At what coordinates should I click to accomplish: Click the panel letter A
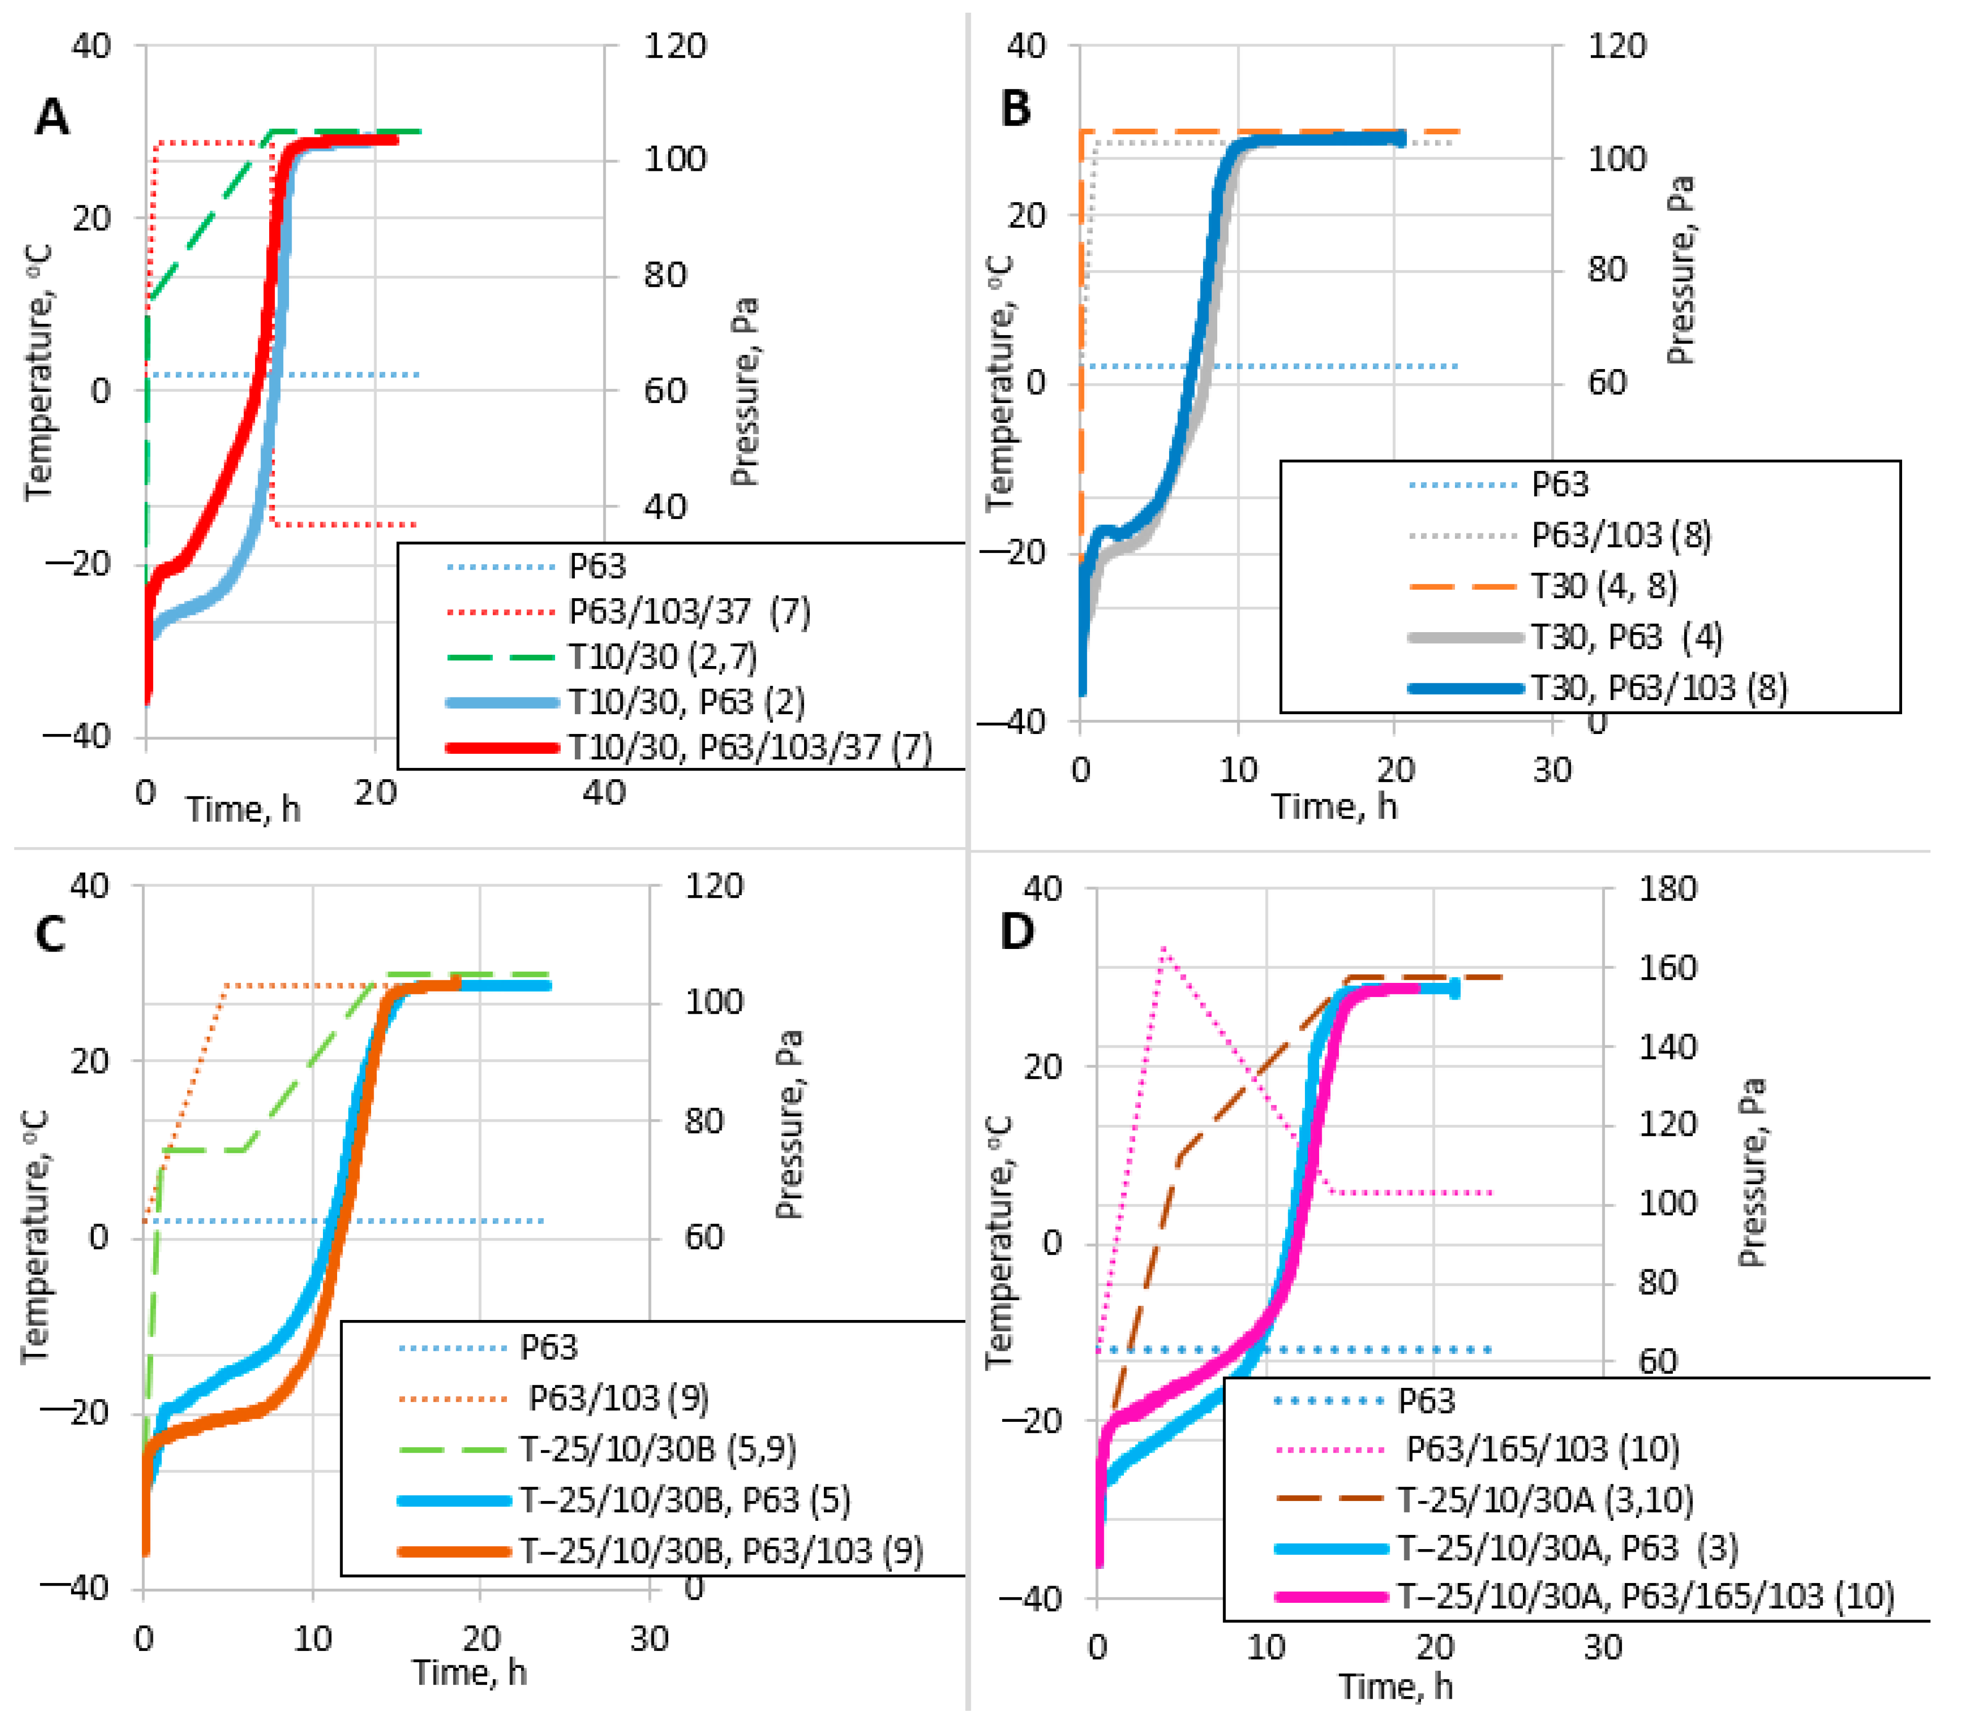click(53, 118)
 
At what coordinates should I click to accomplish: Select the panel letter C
click(50, 934)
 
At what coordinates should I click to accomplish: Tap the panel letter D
click(1017, 930)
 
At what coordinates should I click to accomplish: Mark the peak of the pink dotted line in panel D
click(1164, 947)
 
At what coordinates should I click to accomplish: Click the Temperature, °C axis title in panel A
click(39, 373)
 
